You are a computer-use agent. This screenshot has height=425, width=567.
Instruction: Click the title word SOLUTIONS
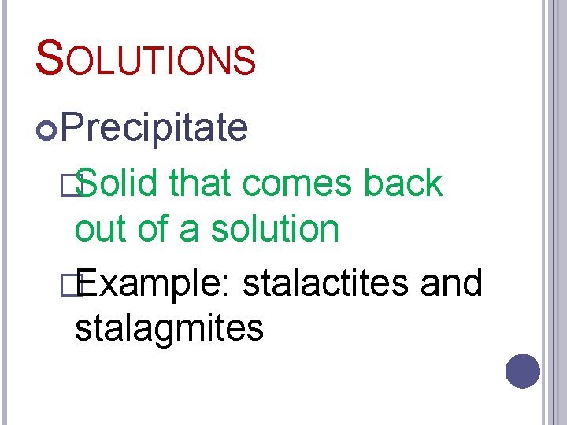pos(146,59)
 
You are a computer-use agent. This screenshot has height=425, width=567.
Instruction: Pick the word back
pos(403,184)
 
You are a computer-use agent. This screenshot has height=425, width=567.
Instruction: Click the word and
pos(451,283)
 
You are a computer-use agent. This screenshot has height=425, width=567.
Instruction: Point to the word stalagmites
pos(169,328)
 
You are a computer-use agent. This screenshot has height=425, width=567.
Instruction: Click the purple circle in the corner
pos(523,371)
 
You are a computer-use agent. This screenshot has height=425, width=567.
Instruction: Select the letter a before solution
pos(189,231)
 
